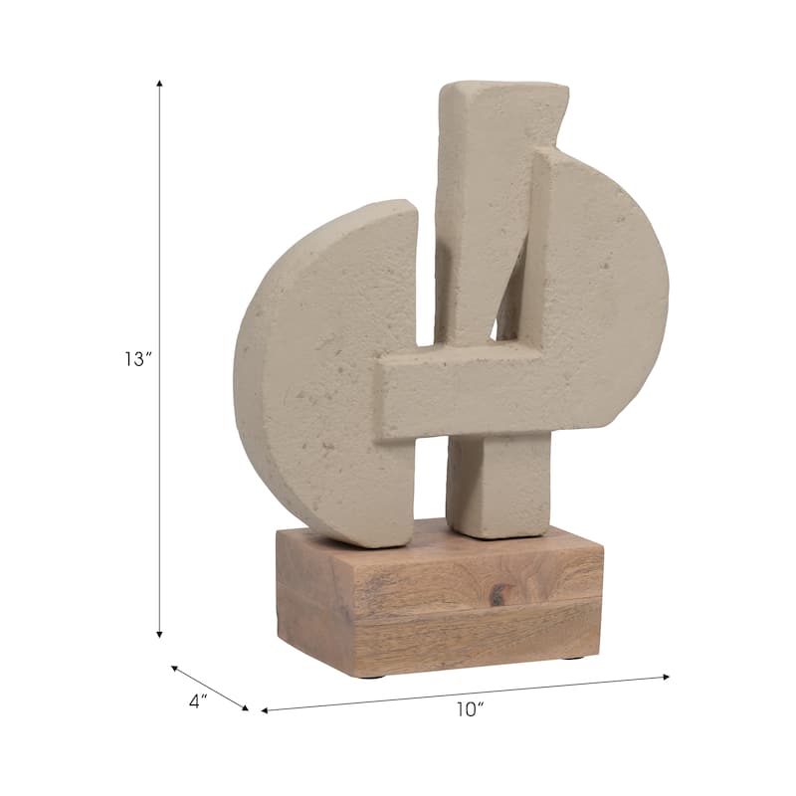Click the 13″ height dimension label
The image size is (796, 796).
[138, 359]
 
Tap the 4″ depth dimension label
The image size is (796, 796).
[198, 702]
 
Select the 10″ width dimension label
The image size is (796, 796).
[470, 709]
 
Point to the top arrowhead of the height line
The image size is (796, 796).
[159, 83]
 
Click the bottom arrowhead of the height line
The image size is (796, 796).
[159, 635]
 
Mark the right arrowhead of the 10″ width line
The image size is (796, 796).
[667, 677]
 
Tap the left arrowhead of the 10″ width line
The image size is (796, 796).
[265, 710]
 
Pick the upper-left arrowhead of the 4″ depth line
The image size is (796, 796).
[175, 668]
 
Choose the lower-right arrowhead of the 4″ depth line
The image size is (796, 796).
[245, 707]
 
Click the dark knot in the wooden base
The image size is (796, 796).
[497, 594]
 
